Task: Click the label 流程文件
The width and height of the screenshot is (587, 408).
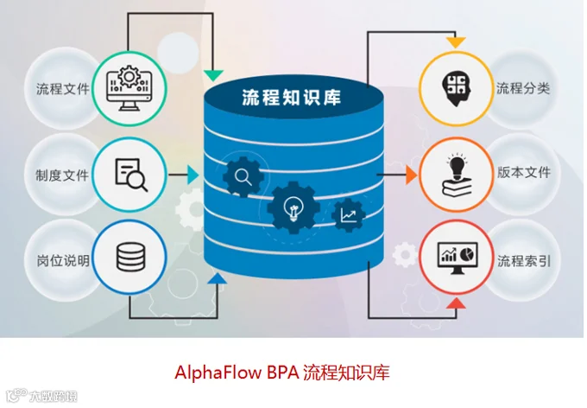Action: pos(63,89)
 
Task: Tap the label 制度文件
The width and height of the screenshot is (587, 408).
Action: pos(62,175)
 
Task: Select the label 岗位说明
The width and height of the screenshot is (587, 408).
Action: pos(63,261)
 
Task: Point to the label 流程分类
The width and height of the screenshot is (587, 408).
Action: pos(523,88)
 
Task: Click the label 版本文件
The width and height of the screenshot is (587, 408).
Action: pos(524,172)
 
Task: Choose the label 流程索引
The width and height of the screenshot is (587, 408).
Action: pos(524,261)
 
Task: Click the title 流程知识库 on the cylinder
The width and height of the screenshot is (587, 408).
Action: pos(291,98)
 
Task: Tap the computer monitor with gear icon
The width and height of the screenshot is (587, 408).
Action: pos(129,88)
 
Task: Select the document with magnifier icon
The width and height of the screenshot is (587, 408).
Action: pos(131,175)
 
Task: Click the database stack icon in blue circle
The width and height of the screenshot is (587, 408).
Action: pos(130,257)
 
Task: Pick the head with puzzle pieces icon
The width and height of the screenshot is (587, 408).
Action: pos(456,89)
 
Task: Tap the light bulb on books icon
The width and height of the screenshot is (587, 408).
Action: pos(457,175)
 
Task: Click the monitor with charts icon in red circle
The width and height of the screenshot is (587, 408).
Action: pos(458,258)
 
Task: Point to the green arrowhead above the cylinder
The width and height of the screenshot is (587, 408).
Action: pos(213,75)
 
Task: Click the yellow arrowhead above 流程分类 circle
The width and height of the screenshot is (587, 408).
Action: pos(456,42)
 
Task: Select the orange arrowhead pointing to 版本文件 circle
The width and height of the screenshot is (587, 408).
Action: pos(412,175)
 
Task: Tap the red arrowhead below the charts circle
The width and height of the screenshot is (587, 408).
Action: pos(456,303)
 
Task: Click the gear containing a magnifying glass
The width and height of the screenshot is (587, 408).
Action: pos(243,176)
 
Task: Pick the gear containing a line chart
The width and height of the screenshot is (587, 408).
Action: pos(349,215)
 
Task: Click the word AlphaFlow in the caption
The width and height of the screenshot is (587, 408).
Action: pos(218,373)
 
